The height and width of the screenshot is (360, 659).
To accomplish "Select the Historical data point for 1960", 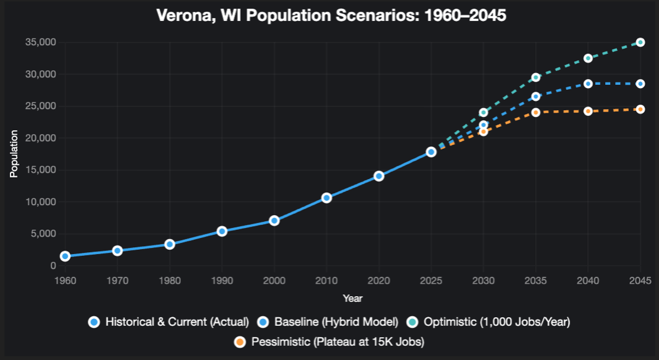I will [x=65, y=256].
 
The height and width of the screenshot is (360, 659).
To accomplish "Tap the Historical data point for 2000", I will [x=274, y=221].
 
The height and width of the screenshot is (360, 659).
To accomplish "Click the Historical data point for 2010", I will [x=326, y=198].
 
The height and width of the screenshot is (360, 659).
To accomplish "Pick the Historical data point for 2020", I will [x=379, y=176].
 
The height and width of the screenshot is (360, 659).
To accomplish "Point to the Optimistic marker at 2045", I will [x=640, y=42].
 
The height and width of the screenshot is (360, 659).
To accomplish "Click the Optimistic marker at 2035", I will [x=536, y=77].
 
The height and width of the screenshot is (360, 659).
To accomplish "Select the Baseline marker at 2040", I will [x=588, y=84].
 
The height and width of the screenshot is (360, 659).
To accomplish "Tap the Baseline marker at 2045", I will [x=640, y=84].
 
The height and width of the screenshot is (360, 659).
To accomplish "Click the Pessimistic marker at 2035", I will [x=536, y=112].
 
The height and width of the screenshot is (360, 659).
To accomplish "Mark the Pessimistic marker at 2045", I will [x=640, y=109].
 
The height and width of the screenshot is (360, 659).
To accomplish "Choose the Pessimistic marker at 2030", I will [x=484, y=131].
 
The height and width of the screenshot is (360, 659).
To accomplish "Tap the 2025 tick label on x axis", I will [x=431, y=281].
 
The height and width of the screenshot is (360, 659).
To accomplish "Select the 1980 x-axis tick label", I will [x=170, y=281].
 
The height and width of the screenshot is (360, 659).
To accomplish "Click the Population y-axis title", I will [x=14, y=154].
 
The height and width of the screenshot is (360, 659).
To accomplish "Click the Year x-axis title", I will [x=352, y=299].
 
